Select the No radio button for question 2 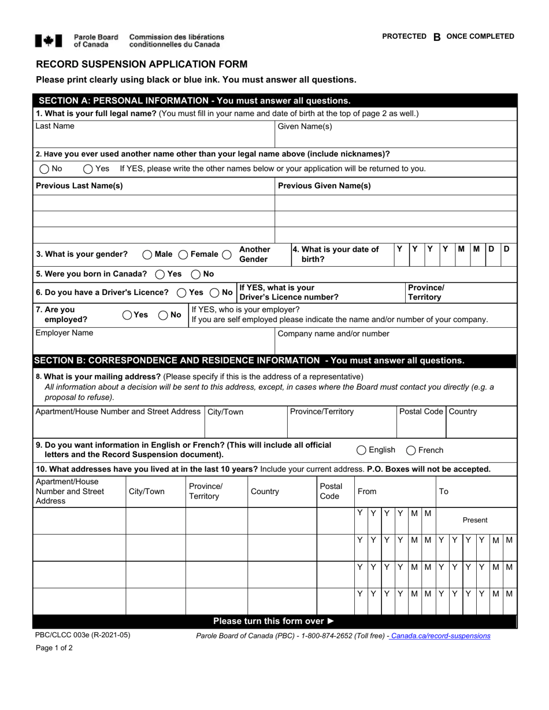click(44, 169)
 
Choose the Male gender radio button click(147, 255)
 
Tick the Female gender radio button click(183, 255)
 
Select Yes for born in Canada click(160, 274)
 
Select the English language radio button click(361, 450)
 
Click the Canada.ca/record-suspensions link click(440, 636)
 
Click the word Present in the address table click(475, 520)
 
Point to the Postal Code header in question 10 click(331, 491)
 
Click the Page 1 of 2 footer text click(54, 648)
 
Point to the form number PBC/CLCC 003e click(83, 635)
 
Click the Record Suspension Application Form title click(142, 64)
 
